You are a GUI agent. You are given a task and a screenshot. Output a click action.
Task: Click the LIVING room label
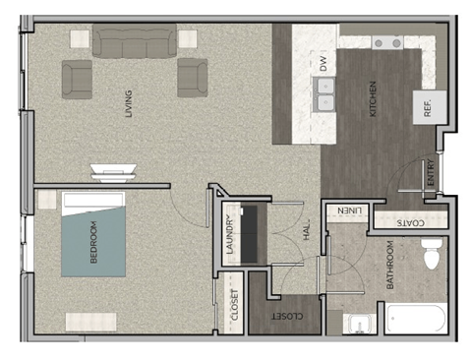(x=129, y=104)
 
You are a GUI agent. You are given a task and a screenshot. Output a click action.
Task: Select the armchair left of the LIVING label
(x=78, y=78)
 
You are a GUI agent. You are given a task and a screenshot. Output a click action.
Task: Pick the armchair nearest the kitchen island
(x=192, y=78)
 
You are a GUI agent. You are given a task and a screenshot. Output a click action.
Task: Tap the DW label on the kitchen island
(x=322, y=64)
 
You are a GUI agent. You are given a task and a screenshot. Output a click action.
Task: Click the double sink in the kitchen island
(x=324, y=94)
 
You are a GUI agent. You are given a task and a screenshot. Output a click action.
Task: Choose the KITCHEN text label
(x=373, y=99)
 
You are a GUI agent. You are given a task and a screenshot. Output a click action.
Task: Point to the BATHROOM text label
(x=390, y=265)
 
